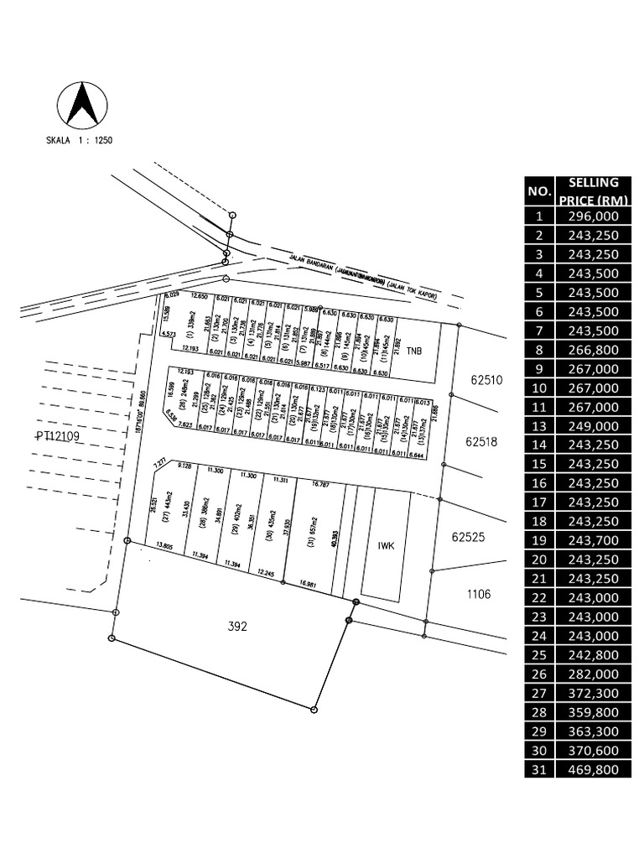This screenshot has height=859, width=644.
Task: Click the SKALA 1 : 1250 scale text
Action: click(80, 140)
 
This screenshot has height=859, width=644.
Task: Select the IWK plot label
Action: click(387, 544)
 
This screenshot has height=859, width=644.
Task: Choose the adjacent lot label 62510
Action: click(486, 379)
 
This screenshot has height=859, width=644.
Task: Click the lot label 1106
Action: click(479, 595)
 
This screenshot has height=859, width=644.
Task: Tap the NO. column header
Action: click(539, 191)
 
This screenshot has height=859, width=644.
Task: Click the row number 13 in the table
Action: click(539, 425)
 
